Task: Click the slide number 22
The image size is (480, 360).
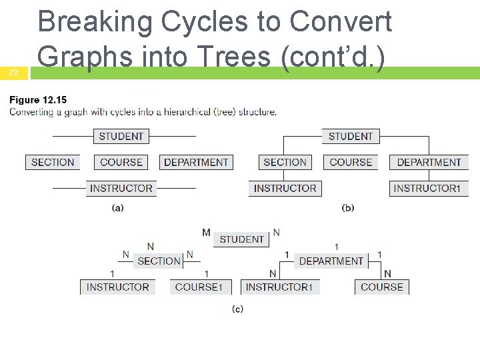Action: coord(13,73)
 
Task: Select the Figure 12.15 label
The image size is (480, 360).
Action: coord(38,100)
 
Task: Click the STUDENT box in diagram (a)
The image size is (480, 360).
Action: coord(121,136)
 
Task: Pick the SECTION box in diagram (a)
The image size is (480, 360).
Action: coord(53,162)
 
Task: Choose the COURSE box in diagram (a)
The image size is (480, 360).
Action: coord(121,162)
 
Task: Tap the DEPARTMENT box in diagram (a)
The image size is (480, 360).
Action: coord(196,162)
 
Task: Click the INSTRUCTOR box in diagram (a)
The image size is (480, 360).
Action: coord(121,188)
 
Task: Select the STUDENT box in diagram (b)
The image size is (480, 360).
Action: coord(351,136)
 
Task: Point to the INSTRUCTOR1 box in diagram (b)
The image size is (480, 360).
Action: coord(427,188)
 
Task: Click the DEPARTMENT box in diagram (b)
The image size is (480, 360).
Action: coord(429,162)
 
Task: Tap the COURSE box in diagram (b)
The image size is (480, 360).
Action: coord(351,162)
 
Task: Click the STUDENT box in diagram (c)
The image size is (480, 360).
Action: coord(241,239)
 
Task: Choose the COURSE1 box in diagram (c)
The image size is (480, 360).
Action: coord(199,287)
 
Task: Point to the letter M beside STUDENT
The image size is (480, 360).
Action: coord(206,233)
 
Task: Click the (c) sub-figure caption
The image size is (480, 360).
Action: coord(237,309)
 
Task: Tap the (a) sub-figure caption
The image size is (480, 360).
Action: coord(117,207)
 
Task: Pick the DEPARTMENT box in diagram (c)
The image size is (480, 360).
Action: coord(331,261)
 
